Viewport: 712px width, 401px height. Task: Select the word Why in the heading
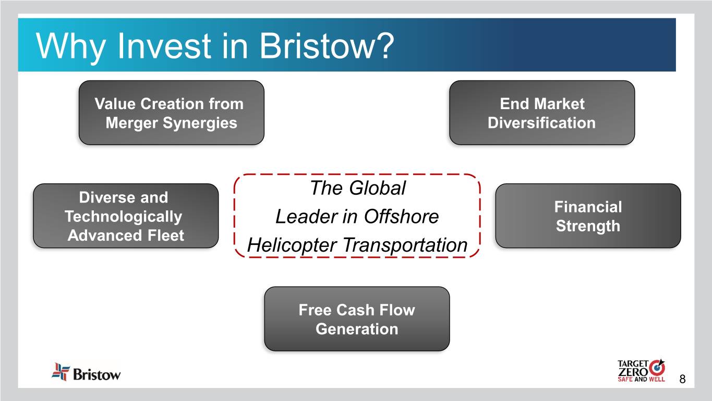(70, 48)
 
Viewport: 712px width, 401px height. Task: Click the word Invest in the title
(164, 45)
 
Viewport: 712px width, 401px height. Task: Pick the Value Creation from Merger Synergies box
(171, 113)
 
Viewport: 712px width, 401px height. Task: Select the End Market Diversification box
(542, 113)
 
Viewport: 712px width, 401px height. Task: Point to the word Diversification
(541, 123)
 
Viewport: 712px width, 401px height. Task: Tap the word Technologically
(123, 217)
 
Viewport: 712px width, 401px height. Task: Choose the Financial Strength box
(588, 216)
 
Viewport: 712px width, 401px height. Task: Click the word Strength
(588, 226)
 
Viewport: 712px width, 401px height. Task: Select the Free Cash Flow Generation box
(357, 319)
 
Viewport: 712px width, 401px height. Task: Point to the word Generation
(357, 329)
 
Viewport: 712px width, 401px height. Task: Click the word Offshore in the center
(401, 217)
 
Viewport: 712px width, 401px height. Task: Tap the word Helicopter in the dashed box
(292, 246)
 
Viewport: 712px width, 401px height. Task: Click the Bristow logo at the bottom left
(86, 372)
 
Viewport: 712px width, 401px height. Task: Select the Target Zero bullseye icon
(657, 368)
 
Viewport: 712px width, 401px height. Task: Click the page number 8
(682, 379)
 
